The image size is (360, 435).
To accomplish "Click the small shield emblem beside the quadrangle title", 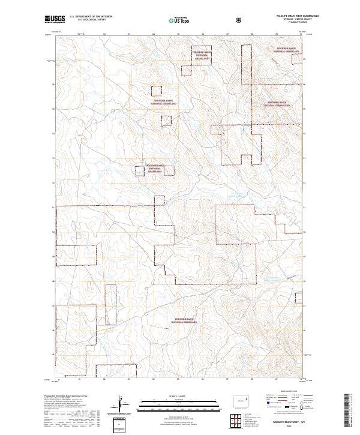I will click(x=240, y=19).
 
